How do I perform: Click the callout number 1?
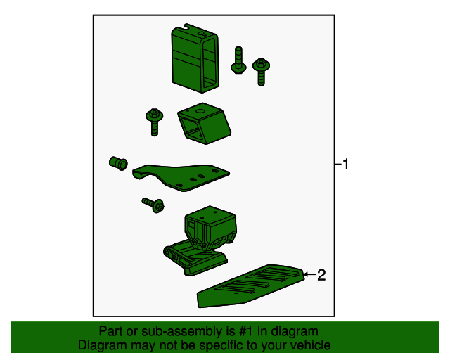(x=345, y=165)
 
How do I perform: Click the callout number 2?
(x=321, y=275)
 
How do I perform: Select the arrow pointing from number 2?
(x=309, y=274)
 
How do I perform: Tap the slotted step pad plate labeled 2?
(x=250, y=286)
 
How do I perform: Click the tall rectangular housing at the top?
(x=195, y=58)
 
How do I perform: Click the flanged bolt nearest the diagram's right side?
(x=261, y=72)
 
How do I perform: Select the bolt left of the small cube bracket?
(x=155, y=122)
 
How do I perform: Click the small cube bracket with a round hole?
(x=205, y=124)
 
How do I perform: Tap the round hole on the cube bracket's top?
(x=200, y=111)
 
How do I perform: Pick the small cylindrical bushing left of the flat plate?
(x=118, y=163)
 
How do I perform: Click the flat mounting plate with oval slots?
(x=181, y=177)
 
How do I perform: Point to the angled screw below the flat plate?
(x=153, y=205)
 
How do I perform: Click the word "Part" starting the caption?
(x=110, y=331)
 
